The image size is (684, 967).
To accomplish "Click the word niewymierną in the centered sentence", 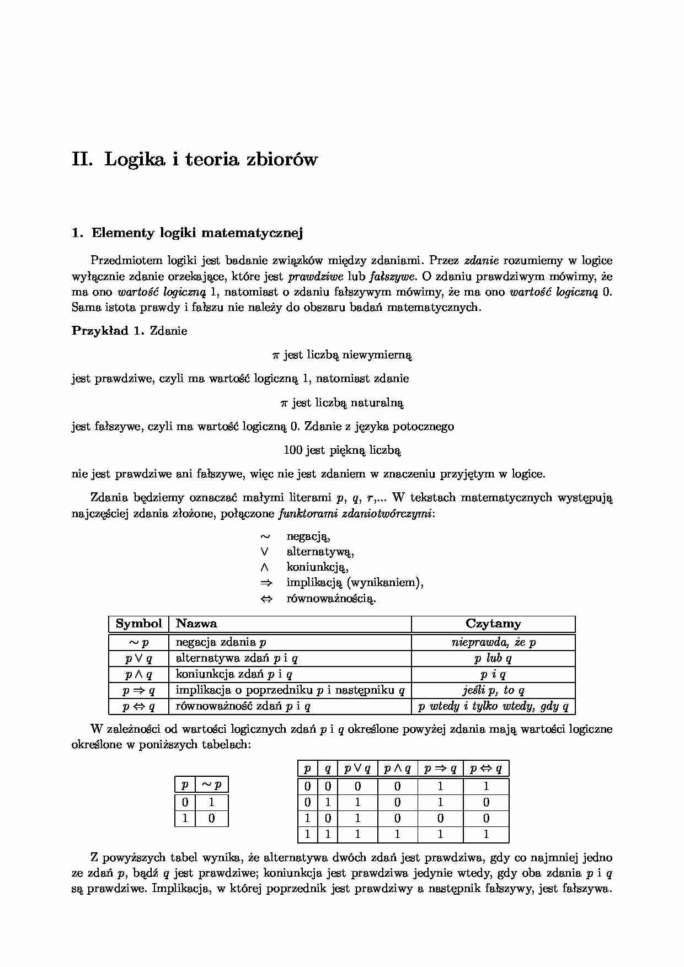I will [377, 355].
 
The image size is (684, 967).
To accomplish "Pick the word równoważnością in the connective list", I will [331, 599].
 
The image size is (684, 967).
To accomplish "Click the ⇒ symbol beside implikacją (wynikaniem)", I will [266, 583].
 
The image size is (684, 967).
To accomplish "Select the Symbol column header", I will [138, 624].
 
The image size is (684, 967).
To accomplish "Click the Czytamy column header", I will [493, 624].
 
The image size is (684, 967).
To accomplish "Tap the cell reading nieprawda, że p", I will [493, 642].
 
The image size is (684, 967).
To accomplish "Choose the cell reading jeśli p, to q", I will [493, 690].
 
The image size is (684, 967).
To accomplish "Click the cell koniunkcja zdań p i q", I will [234, 674].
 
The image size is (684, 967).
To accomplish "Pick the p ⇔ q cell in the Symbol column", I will [138, 706].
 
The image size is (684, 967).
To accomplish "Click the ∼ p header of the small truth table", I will [211, 785].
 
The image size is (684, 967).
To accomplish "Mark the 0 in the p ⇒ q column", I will [440, 819].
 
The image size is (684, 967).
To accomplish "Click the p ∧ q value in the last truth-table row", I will [397, 835].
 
